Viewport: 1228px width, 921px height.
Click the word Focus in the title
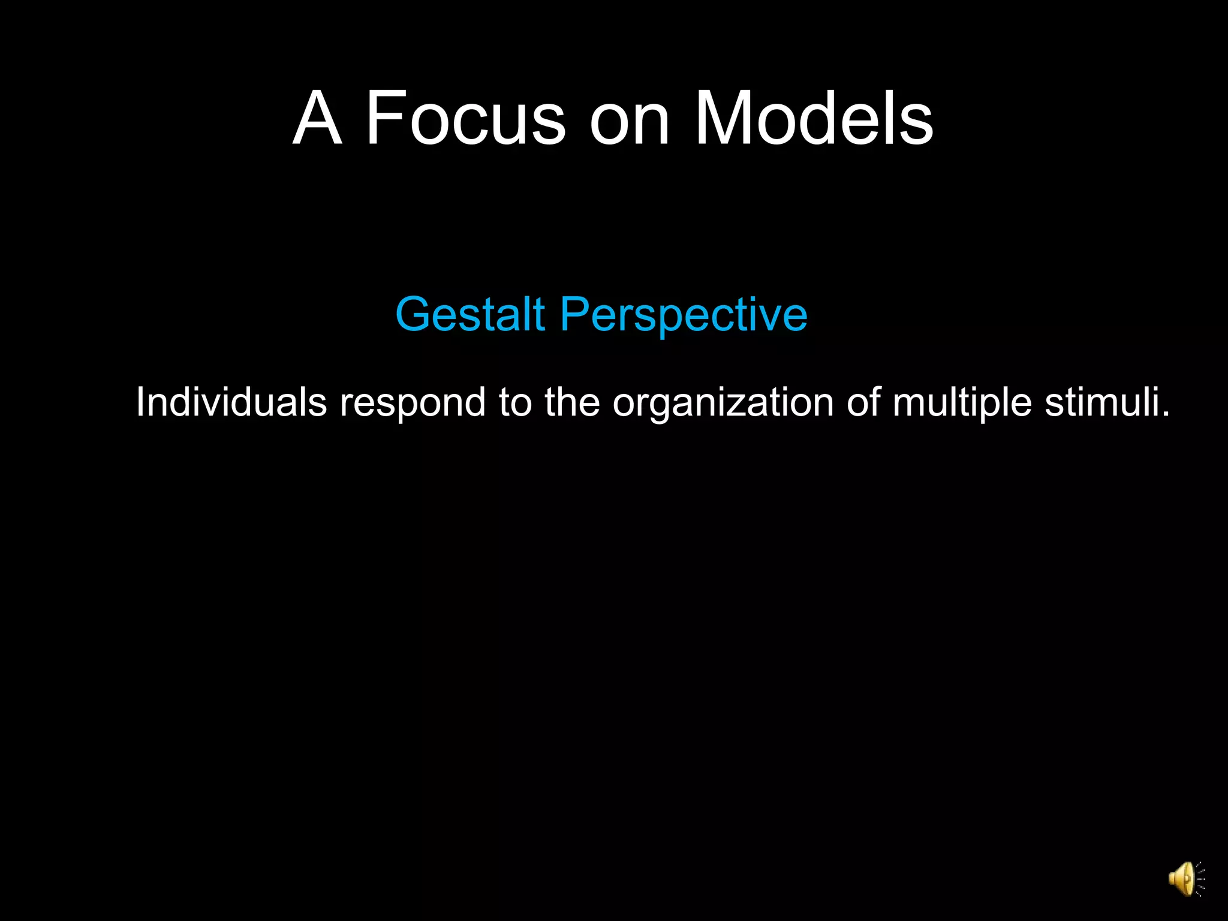465,118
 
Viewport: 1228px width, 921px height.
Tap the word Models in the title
813,118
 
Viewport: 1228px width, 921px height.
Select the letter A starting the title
317,118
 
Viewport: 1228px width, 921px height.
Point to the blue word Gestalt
470,314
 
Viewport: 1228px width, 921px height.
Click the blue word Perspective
684,315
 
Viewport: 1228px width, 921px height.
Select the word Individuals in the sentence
231,402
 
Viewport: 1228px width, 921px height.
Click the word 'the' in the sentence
572,402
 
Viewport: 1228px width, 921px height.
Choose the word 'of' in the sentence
863,402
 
